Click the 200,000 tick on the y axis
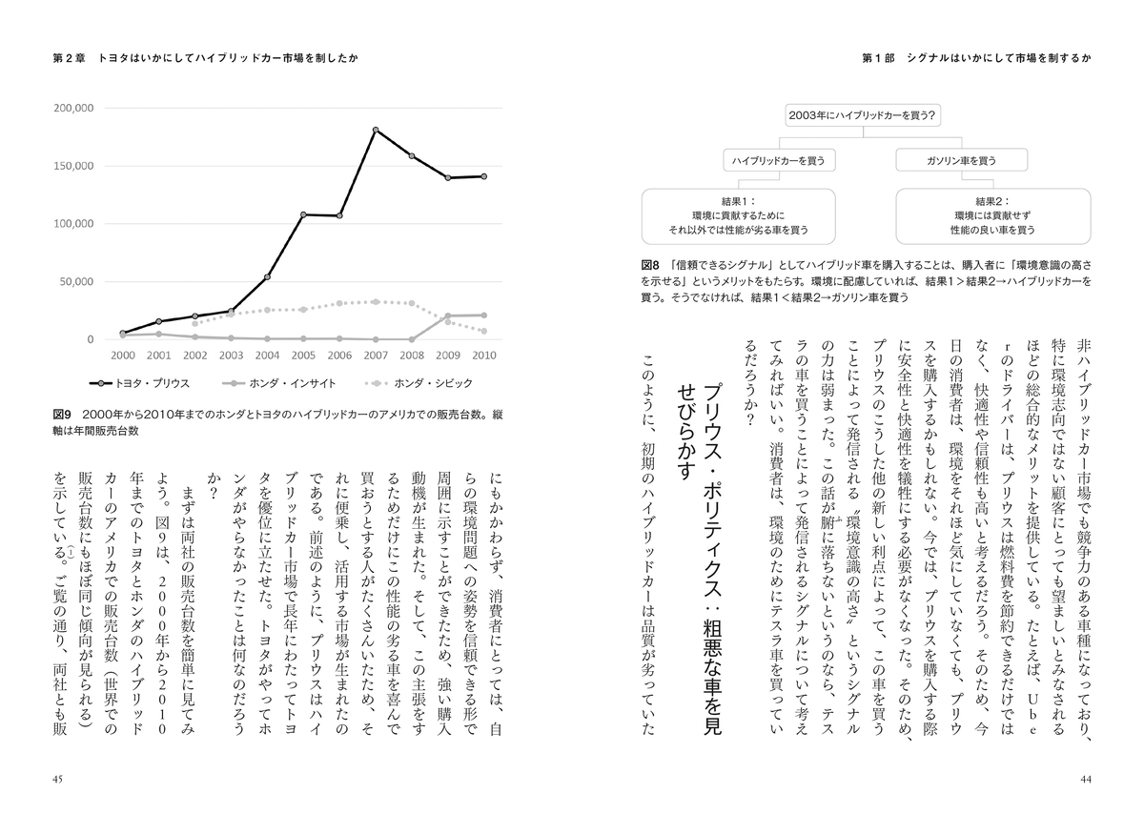[72, 109]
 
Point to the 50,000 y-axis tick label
[75, 282]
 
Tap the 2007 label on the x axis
[377, 356]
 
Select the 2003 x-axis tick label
[231, 356]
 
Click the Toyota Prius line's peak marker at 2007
[377, 130]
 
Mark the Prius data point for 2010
[484, 176]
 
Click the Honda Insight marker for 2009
[448, 315]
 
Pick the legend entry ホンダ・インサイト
[276, 384]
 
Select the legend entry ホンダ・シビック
[411, 384]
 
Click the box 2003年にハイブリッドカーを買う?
[862, 116]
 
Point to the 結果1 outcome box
[739, 216]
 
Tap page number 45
[57, 779]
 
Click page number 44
[1085, 779]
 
